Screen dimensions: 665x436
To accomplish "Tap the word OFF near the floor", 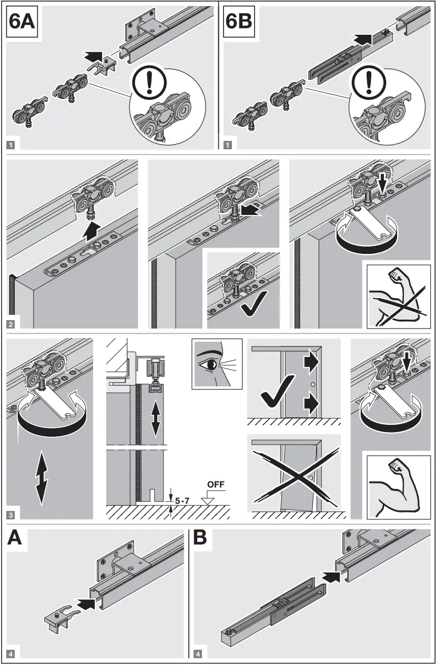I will coord(215,483).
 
